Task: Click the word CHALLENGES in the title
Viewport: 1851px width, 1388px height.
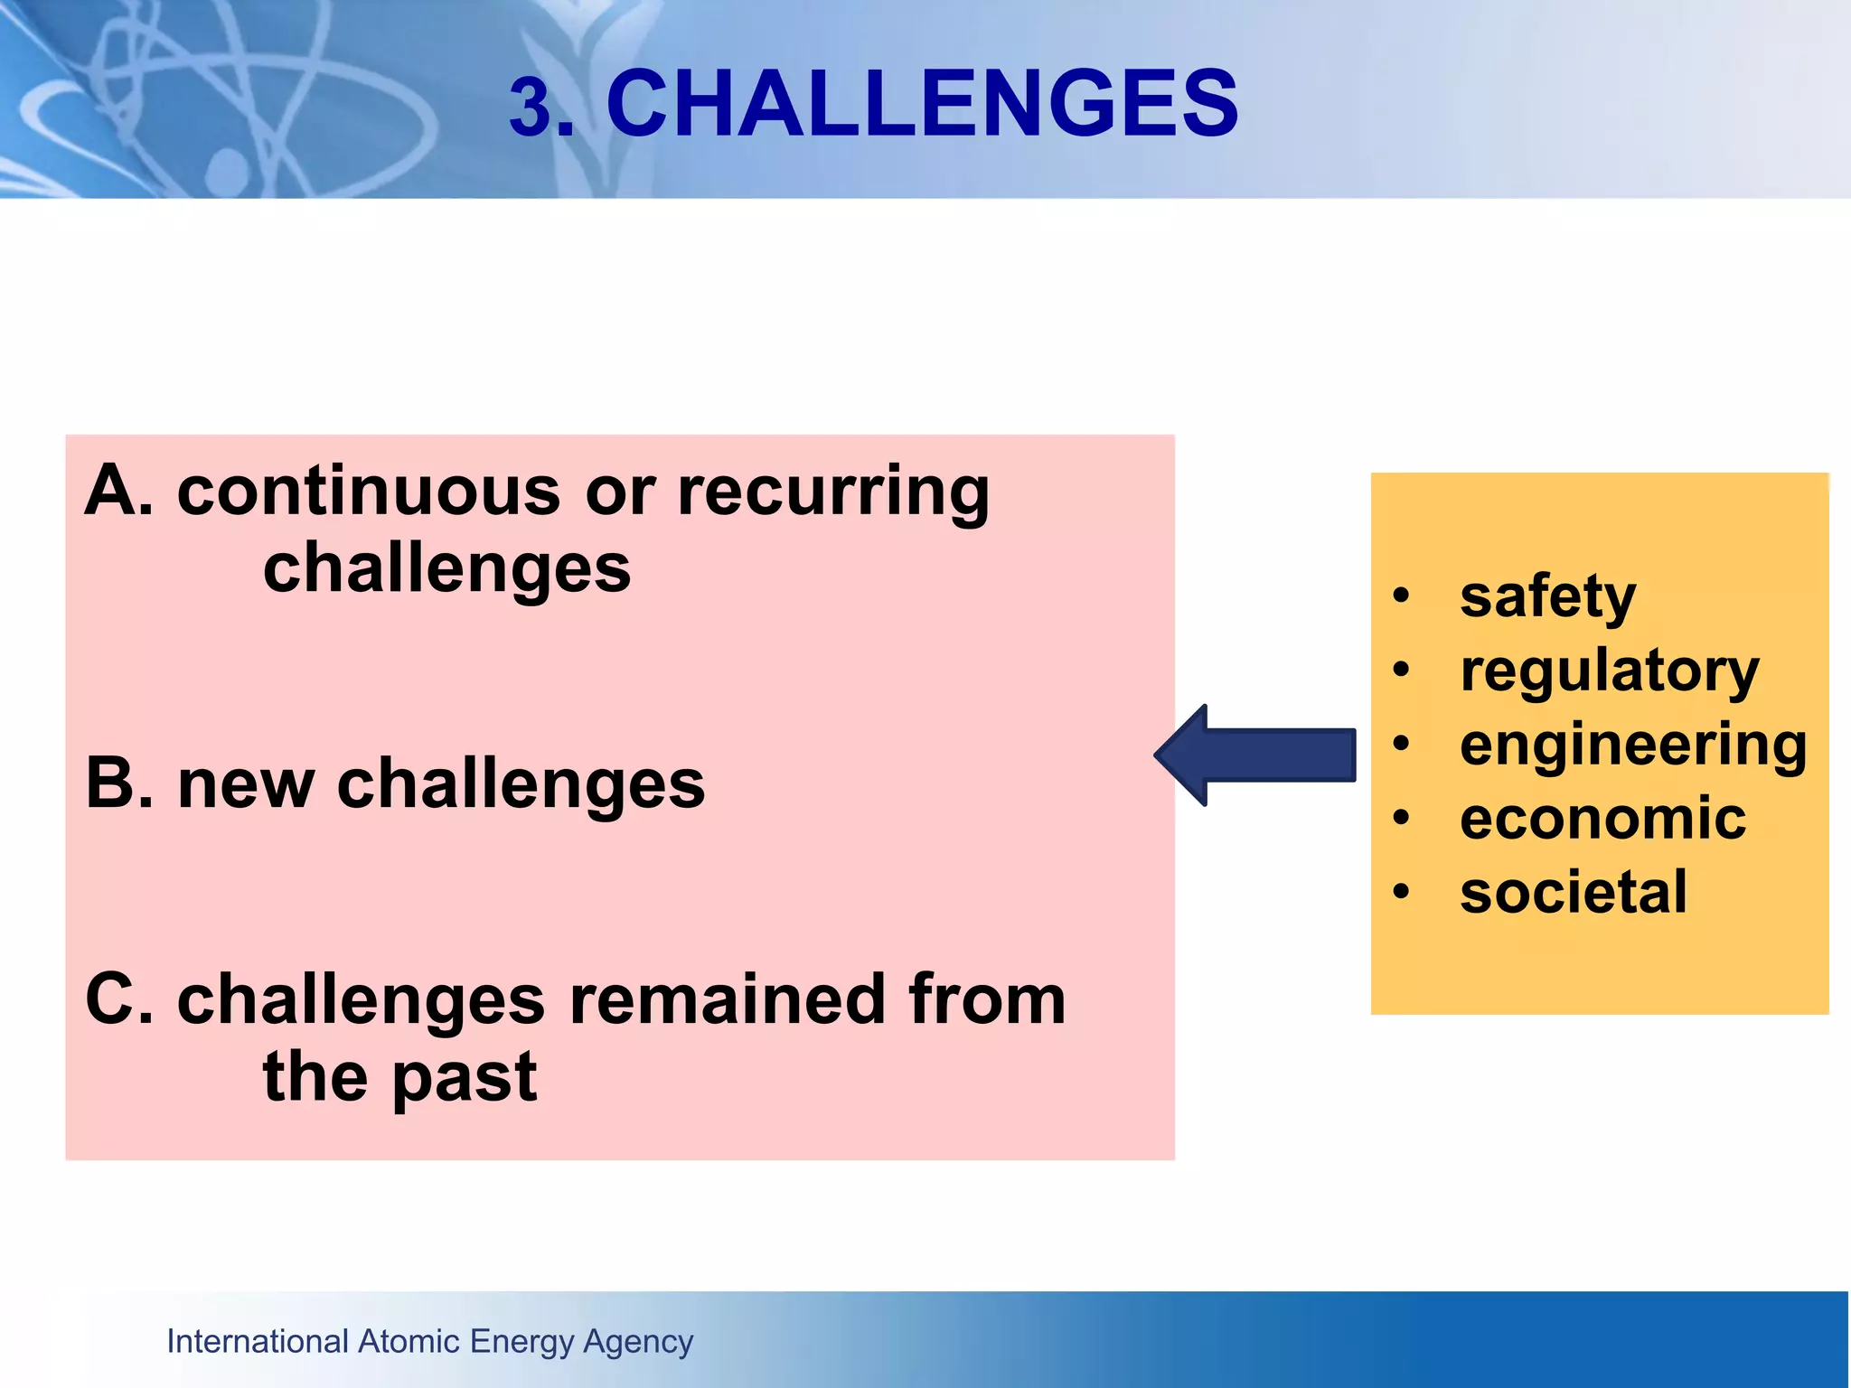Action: [922, 104]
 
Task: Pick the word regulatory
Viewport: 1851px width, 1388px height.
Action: [1609, 672]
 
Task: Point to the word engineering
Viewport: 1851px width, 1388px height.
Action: [1632, 746]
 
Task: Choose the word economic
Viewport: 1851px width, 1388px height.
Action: [1602, 819]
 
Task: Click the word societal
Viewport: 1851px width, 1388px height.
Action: [1573, 893]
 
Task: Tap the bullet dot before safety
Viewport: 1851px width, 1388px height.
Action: [1401, 596]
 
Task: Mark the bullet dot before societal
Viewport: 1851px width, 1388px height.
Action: [1401, 893]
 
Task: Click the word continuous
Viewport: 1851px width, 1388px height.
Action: [369, 492]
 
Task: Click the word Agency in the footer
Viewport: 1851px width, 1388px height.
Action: [638, 1343]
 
